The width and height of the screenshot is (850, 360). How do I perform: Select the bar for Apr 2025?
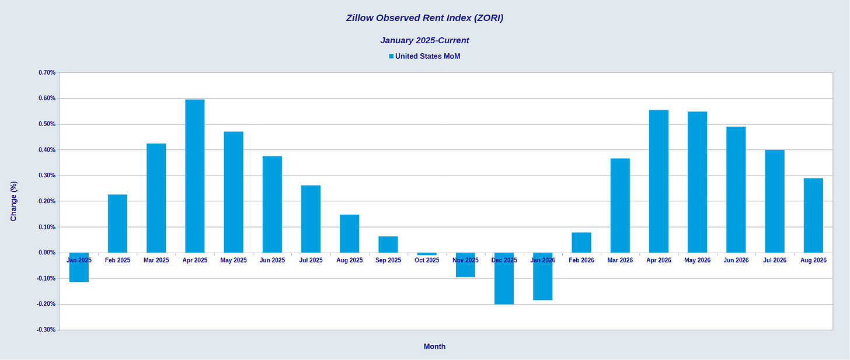click(x=194, y=176)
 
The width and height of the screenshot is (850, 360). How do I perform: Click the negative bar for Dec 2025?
click(x=504, y=278)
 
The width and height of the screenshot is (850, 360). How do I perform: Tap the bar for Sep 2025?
click(x=388, y=244)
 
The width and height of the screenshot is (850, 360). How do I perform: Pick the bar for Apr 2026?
click(x=659, y=181)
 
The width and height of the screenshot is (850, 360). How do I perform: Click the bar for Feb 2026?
click(x=581, y=243)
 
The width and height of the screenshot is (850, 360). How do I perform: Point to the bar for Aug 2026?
click(x=813, y=215)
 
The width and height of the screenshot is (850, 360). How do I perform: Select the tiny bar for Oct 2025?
click(x=427, y=254)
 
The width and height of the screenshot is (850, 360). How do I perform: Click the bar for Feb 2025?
click(x=118, y=224)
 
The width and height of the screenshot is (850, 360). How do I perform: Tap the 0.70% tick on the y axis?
click(x=47, y=72)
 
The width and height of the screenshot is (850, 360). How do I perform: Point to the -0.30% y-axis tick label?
click(x=46, y=330)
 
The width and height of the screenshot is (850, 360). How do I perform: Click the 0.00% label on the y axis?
click(x=47, y=253)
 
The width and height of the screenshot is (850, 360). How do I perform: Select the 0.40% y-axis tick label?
click(x=47, y=150)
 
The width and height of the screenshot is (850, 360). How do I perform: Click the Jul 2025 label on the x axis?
click(x=311, y=260)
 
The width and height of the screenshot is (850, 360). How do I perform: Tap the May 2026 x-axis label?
click(x=698, y=260)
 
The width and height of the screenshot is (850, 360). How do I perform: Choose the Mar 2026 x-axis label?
click(x=620, y=260)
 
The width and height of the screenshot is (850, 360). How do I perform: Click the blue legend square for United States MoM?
click(x=391, y=57)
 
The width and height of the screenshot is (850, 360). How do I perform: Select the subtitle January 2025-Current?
click(x=424, y=40)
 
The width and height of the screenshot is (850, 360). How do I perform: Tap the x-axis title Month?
click(x=434, y=347)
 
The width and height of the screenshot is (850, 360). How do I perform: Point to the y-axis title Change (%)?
click(x=13, y=201)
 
